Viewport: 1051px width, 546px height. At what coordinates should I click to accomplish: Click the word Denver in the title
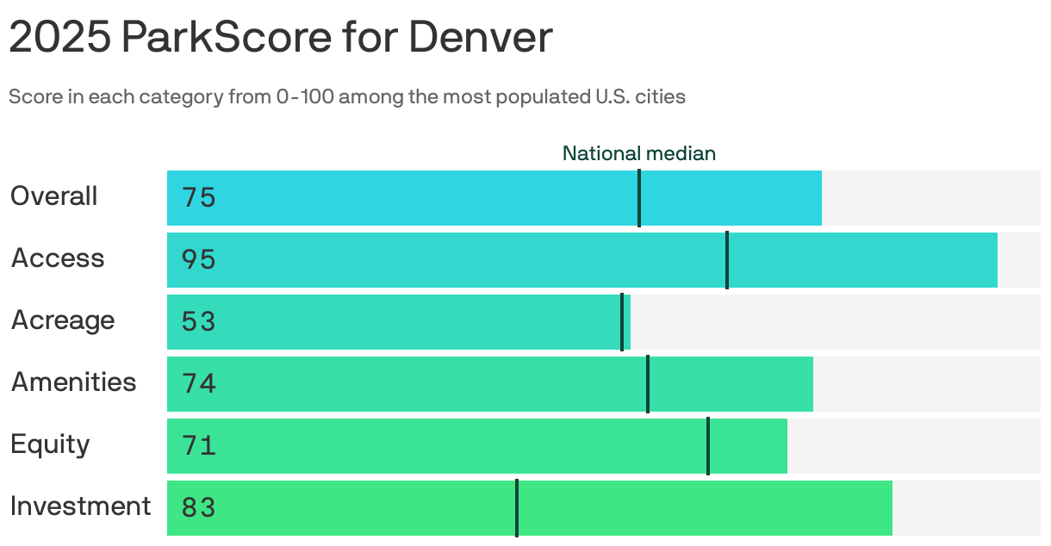[480, 38]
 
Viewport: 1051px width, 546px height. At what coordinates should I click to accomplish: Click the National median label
[638, 153]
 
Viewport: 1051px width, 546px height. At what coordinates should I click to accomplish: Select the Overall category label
[53, 196]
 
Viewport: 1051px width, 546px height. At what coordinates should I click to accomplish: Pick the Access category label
[57, 258]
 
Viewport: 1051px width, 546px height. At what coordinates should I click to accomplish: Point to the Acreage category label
[62, 320]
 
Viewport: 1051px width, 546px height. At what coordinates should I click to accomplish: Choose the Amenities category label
[73, 382]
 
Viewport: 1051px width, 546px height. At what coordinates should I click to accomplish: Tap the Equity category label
[50, 444]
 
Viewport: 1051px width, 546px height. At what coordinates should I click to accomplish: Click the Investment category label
[80, 506]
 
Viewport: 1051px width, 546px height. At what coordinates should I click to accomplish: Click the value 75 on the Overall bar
[198, 198]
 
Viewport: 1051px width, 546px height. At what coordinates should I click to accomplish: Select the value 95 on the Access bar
[198, 260]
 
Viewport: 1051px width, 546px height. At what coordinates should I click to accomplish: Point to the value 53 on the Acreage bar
[198, 322]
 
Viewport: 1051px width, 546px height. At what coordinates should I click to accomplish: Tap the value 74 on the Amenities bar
[198, 384]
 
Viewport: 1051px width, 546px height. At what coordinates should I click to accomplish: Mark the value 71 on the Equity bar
[198, 446]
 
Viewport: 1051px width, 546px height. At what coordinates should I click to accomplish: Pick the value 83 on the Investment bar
[198, 508]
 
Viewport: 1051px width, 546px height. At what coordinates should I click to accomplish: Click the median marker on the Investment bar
[517, 508]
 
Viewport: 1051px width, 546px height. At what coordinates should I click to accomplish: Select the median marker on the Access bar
[727, 260]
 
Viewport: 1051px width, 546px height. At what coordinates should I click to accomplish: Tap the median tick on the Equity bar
[708, 446]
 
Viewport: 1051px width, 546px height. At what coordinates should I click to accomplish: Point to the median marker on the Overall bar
[639, 198]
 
